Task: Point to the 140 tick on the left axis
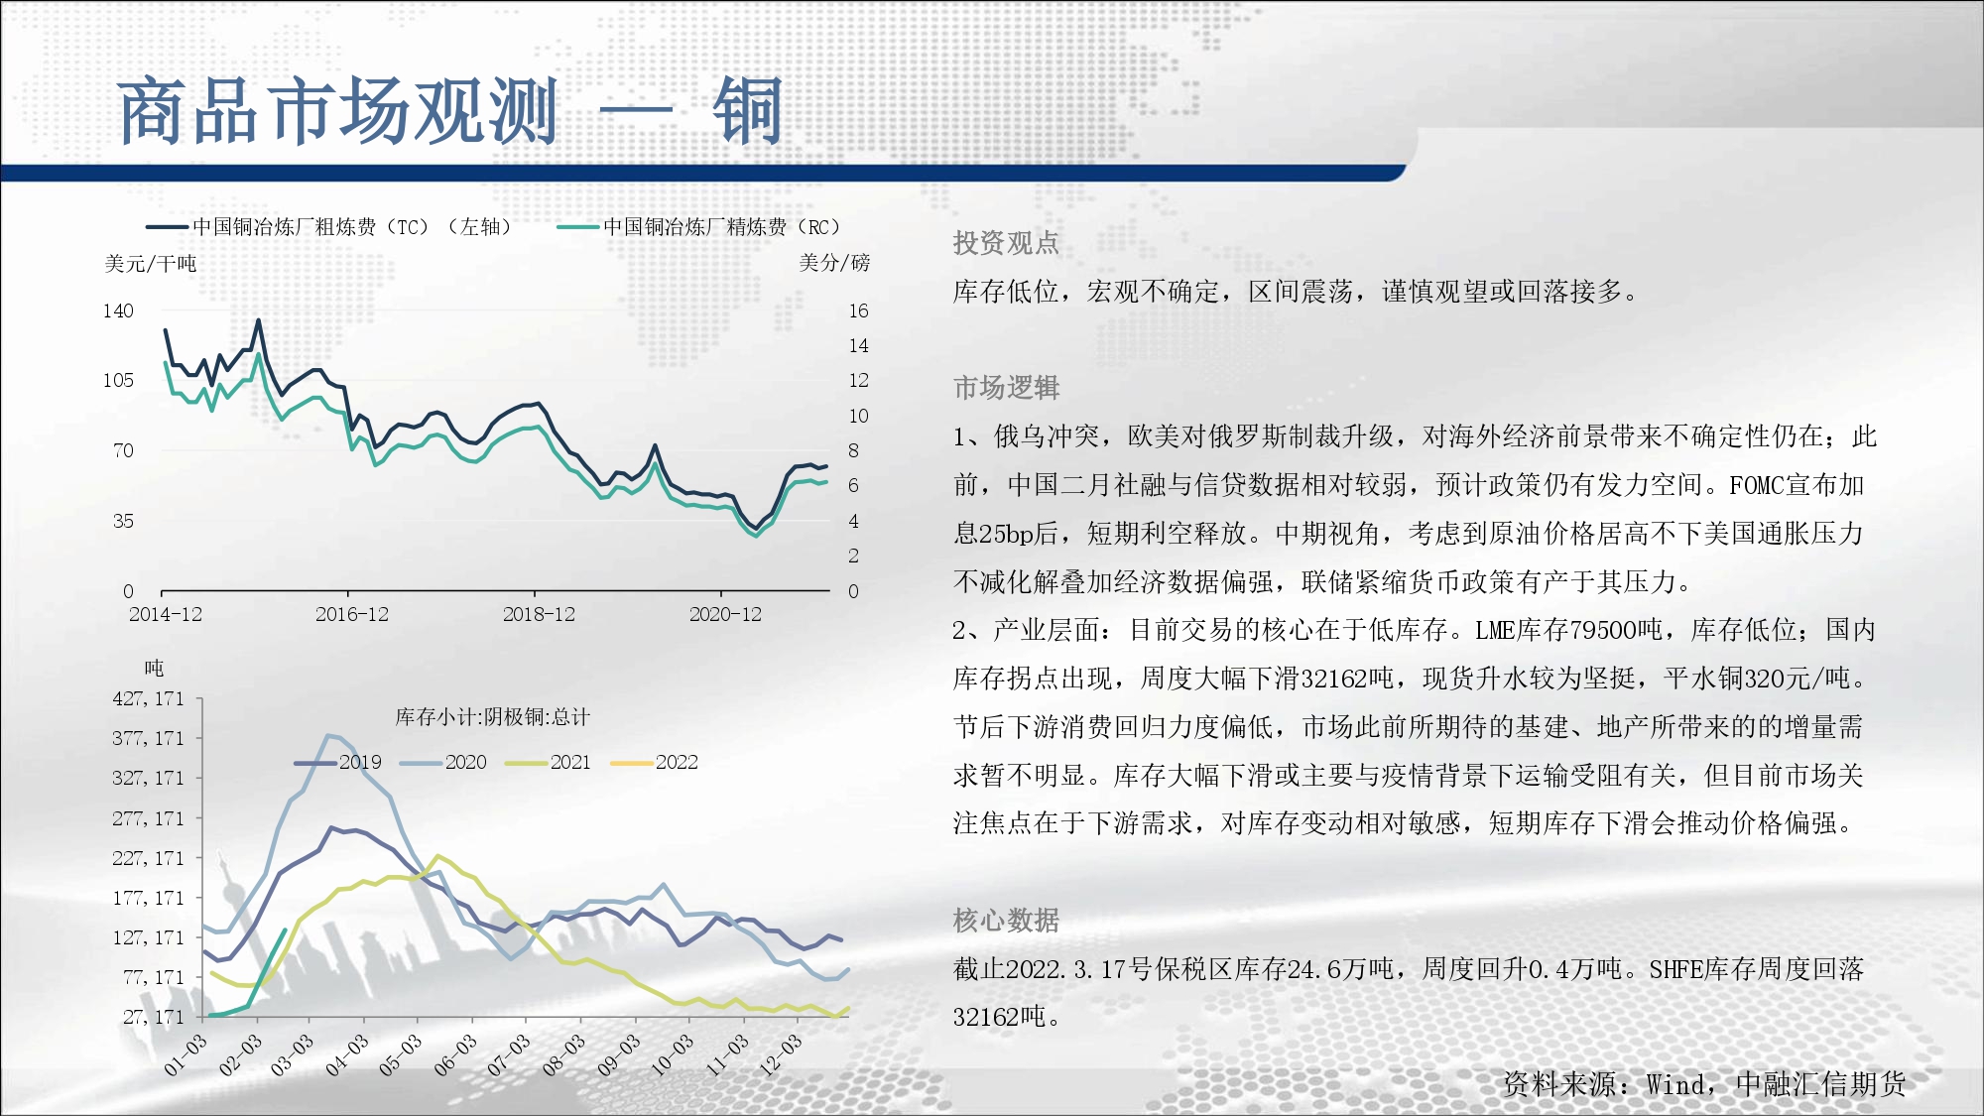pos(118,310)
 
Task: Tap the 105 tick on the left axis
pos(118,380)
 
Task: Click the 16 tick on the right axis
pos(858,310)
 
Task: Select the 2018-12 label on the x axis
pos(539,614)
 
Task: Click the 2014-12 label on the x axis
pos(166,614)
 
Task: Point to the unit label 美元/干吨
pos(151,264)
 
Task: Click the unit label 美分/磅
pos(834,263)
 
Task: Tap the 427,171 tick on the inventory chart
pos(149,698)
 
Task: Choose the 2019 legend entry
pos(338,762)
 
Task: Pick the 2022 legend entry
pos(655,762)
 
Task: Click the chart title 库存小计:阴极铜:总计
pos(493,716)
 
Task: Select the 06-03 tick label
pos(455,1054)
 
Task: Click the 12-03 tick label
pos(780,1054)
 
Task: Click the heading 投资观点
pos(1006,243)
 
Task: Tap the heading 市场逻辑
pos(1006,388)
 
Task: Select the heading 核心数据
pos(1006,921)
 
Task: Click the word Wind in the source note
pos(1676,1084)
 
